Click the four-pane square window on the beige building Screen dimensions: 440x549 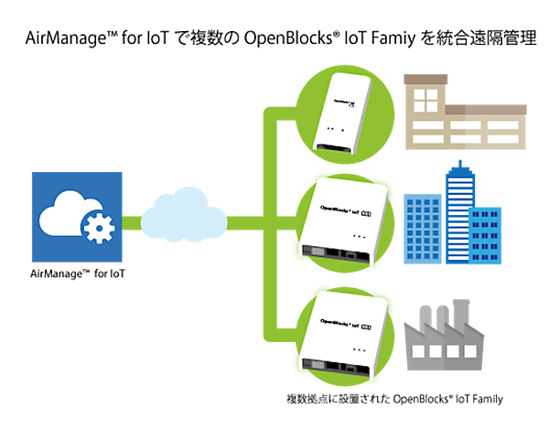(425, 101)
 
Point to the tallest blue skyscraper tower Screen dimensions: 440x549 (457, 210)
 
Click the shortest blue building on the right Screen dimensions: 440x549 (486, 234)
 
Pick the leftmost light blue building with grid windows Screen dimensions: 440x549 (422, 229)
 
